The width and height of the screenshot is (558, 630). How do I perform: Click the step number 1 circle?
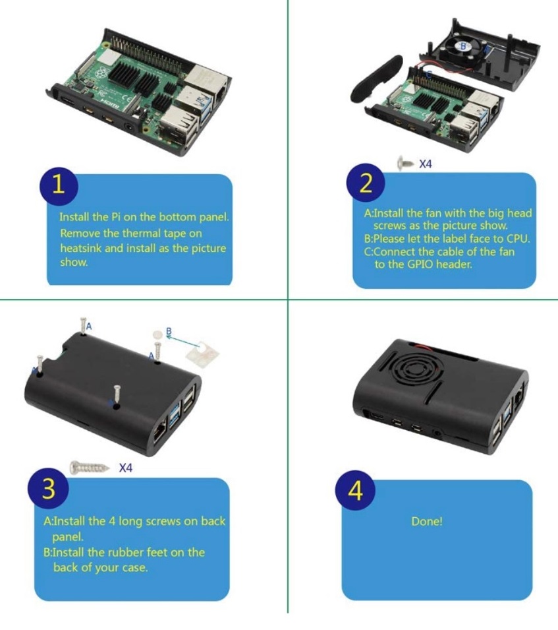(59, 185)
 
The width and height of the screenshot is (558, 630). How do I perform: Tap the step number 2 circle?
(366, 183)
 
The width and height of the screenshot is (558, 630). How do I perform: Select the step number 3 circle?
(47, 489)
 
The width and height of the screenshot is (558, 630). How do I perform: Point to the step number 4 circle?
(355, 491)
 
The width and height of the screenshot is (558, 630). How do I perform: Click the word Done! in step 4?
(427, 522)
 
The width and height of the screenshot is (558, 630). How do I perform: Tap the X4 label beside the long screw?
(126, 468)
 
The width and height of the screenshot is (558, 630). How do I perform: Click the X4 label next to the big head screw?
(425, 164)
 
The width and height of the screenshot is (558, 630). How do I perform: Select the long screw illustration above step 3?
(90, 467)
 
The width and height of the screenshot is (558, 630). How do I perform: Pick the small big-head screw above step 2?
(405, 162)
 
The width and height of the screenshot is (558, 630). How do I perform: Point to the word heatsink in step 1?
(81, 248)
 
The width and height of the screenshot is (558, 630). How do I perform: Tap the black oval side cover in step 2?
(376, 78)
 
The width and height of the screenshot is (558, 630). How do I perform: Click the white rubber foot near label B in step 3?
(157, 334)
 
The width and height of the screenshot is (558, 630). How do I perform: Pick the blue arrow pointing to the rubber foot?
(182, 341)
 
